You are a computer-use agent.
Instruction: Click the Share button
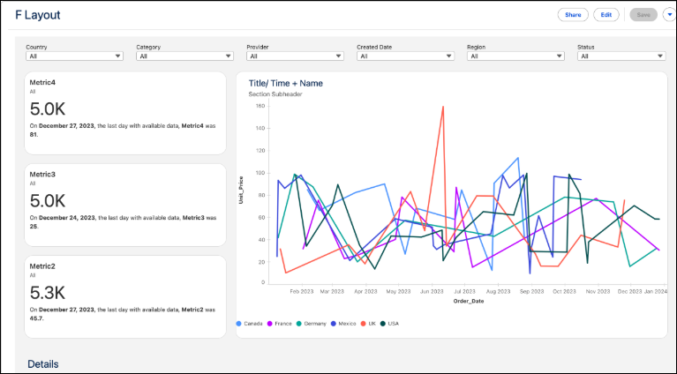click(573, 15)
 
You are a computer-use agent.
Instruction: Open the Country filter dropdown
click(74, 56)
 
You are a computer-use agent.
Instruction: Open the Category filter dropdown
click(184, 56)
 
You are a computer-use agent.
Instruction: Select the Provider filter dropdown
click(295, 56)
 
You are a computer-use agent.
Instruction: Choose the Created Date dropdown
click(405, 56)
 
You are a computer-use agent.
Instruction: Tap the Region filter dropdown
click(515, 56)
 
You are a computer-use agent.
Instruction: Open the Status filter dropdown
click(621, 56)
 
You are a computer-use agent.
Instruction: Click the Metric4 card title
click(43, 82)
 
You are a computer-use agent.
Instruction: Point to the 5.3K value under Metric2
click(48, 293)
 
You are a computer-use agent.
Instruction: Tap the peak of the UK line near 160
click(442, 107)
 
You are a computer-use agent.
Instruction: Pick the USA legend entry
click(389, 323)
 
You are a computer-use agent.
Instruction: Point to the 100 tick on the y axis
click(260, 173)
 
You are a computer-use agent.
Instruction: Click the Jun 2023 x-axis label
click(432, 290)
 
